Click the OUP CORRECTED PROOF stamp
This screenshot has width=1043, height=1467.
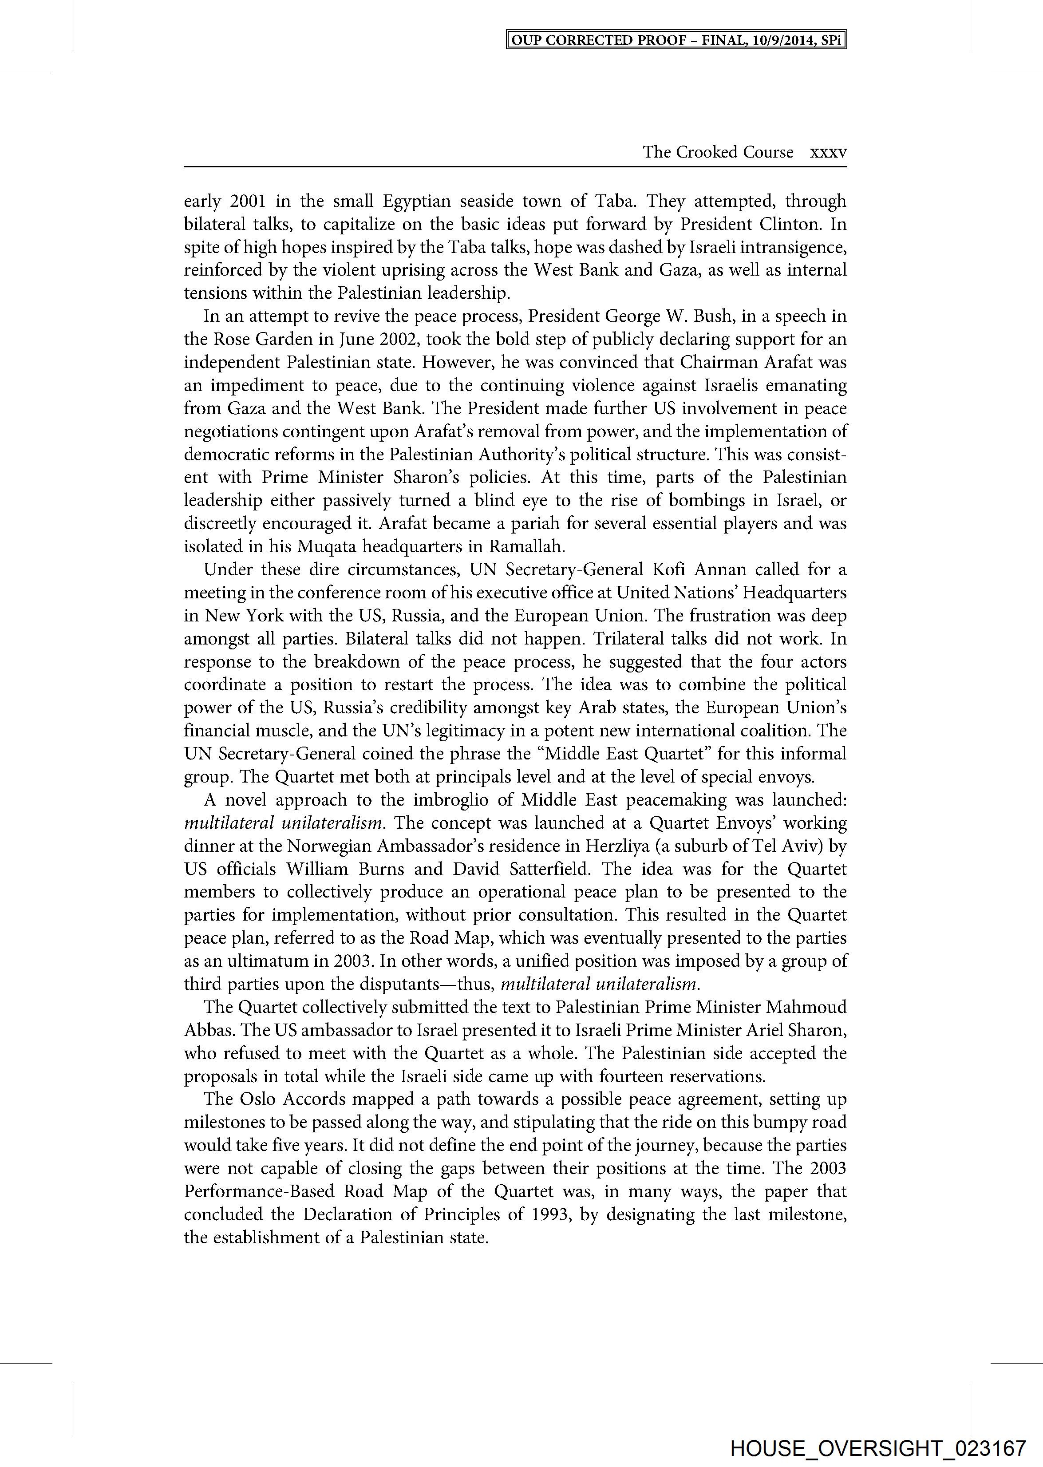point(676,40)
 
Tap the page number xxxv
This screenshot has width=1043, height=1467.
point(829,152)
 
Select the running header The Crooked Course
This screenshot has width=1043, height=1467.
point(718,152)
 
